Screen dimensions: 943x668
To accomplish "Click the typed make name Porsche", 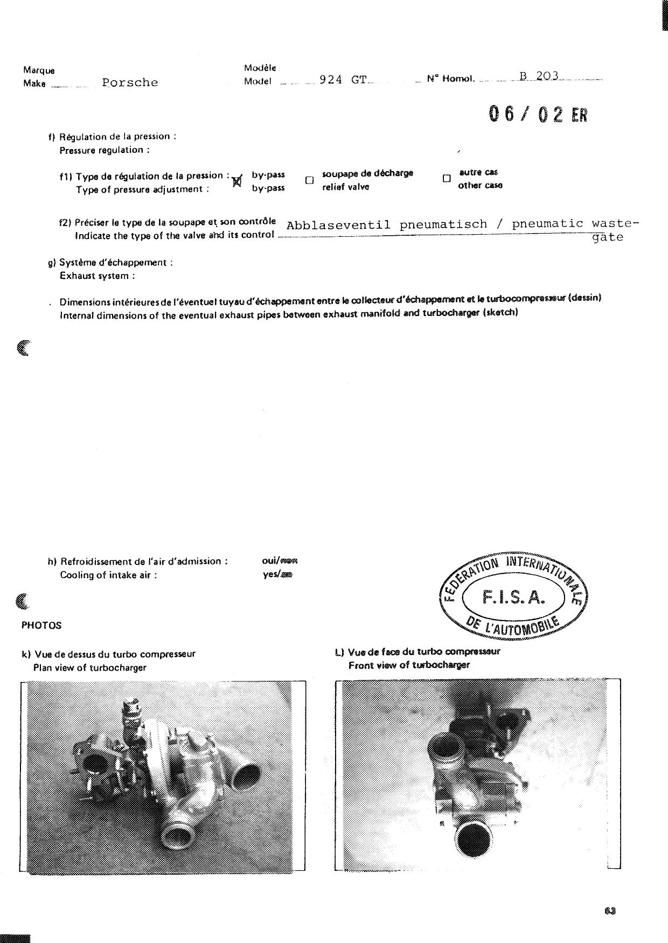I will (130, 83).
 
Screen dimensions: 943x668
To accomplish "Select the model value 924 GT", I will (343, 80).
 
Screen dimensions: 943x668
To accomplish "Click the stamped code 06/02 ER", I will (537, 114).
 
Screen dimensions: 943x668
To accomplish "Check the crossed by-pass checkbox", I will (236, 181).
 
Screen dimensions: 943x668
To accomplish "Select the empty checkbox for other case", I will (446, 179).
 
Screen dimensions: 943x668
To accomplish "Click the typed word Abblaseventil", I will (338, 225).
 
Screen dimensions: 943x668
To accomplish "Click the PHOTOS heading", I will (41, 625).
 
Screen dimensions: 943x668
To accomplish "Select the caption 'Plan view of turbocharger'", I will (89, 668).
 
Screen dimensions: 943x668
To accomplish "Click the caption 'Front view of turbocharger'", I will (409, 665).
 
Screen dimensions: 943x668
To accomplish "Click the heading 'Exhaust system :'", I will (97, 276).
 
